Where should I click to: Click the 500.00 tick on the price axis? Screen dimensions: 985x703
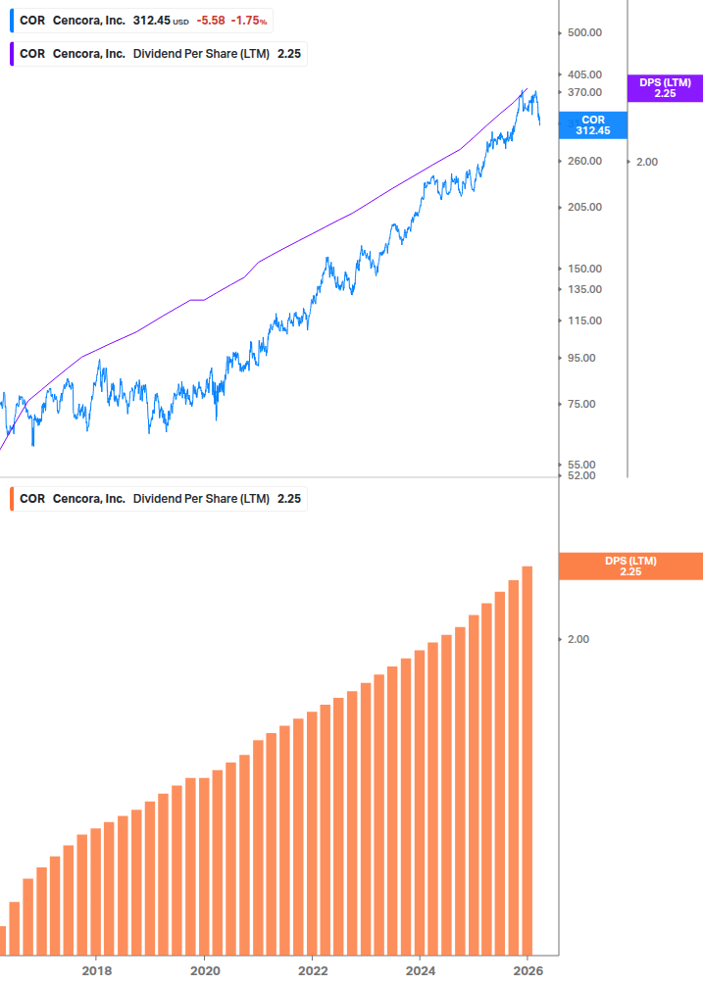click(x=585, y=32)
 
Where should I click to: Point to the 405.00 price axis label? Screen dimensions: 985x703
click(x=585, y=74)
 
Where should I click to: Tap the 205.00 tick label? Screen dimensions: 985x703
click(x=585, y=207)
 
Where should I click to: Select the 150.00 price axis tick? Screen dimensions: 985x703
click(x=585, y=269)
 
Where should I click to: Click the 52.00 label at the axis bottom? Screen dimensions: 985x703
click(x=582, y=475)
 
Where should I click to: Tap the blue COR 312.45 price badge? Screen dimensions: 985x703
click(x=592, y=124)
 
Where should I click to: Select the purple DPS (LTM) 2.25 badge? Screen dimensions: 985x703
click(x=665, y=88)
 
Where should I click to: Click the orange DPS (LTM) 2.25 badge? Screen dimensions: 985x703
click(x=629, y=566)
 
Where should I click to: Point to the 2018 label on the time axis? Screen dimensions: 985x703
click(x=96, y=970)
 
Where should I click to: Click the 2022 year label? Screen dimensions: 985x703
click(x=312, y=970)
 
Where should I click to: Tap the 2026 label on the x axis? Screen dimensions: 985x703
click(x=527, y=970)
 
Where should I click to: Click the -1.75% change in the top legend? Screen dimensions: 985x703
click(x=249, y=21)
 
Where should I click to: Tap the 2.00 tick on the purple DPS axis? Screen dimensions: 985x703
click(x=646, y=162)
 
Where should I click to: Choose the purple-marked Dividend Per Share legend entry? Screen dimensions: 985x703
click(x=159, y=54)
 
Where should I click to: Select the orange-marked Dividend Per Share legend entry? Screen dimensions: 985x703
click(x=159, y=499)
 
